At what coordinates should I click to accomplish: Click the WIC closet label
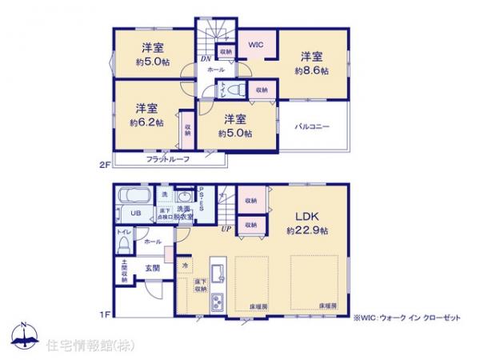point(255,46)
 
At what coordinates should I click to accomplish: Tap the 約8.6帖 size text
point(312,70)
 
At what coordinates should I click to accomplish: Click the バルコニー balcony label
point(312,126)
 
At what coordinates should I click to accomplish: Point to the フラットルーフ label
point(168,160)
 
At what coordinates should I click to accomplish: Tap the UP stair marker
point(227,229)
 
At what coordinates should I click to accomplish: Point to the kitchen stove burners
point(216,301)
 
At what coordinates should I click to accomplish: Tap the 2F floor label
point(103,165)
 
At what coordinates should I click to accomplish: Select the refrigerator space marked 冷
point(185,266)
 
